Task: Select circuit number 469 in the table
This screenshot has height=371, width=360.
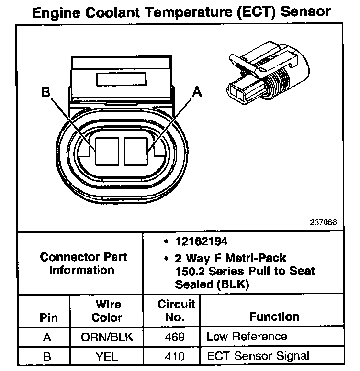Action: pyautogui.click(x=174, y=337)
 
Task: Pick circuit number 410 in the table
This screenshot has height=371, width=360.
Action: pyautogui.click(x=174, y=356)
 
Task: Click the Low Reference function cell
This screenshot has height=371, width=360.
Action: pyautogui.click(x=247, y=337)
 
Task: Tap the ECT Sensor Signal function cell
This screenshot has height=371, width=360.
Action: pyautogui.click(x=258, y=356)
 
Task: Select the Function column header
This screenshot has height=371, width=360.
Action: pyautogui.click(x=274, y=316)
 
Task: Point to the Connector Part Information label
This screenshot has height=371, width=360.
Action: pyautogui.click(x=83, y=263)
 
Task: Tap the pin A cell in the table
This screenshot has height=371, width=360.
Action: pyautogui.click(x=46, y=337)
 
